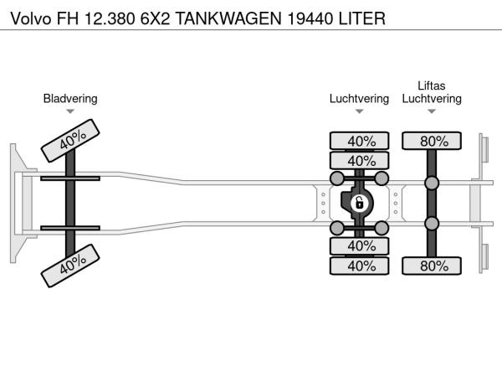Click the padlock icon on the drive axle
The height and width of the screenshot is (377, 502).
[x=359, y=203]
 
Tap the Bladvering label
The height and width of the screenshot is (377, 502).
[x=70, y=98]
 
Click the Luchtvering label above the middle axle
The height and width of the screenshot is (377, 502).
[x=359, y=98]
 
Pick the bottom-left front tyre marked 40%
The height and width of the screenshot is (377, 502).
[x=70, y=265]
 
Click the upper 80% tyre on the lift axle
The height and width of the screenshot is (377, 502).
[x=432, y=141]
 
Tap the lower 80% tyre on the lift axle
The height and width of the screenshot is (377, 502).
[x=432, y=266]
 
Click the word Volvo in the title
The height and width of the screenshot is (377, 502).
[x=28, y=17]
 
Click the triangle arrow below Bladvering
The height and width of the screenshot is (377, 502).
[x=70, y=111]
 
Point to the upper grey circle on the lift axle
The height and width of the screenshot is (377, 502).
[x=432, y=183]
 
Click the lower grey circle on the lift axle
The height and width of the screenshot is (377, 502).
[x=432, y=223]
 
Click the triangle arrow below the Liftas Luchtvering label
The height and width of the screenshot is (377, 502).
[x=432, y=111]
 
